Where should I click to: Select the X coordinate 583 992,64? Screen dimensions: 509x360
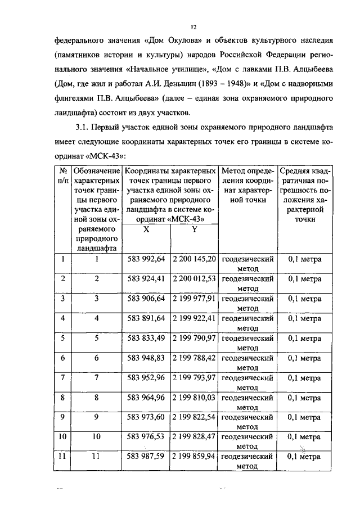(146, 259)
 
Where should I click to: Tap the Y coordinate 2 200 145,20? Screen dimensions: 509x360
(194, 259)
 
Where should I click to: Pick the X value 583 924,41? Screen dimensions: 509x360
(146, 279)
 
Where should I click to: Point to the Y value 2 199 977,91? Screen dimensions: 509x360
(194, 299)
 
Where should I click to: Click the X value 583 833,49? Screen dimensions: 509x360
(146, 338)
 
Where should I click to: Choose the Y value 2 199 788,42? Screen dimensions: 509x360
(194, 358)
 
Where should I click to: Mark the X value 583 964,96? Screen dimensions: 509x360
(146, 398)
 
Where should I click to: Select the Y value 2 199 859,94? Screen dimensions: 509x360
(194, 457)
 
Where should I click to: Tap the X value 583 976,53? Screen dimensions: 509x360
(146, 437)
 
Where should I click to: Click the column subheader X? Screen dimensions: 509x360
(146, 229)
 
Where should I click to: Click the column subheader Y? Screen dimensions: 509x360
(193, 229)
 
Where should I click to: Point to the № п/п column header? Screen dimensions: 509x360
(62, 175)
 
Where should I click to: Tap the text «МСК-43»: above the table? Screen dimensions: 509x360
(111, 155)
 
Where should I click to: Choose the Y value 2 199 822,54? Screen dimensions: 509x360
(194, 417)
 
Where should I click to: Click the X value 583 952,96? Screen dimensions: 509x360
(146, 377)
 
